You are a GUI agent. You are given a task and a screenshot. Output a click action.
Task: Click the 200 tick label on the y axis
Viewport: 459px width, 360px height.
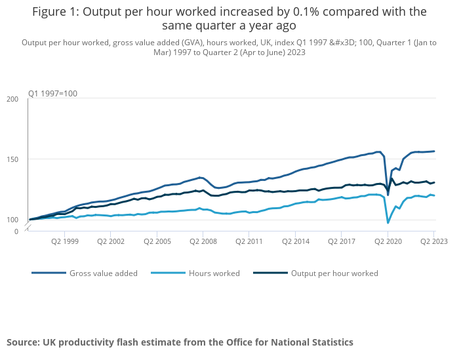point(12,99)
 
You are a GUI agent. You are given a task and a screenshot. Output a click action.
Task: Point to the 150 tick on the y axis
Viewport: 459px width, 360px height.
point(12,159)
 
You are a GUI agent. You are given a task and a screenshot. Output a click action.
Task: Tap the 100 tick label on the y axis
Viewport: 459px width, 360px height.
point(12,220)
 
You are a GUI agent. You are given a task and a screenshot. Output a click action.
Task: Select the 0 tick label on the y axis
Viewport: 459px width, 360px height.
point(16,231)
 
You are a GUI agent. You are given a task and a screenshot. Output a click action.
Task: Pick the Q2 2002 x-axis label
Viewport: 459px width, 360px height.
point(111,241)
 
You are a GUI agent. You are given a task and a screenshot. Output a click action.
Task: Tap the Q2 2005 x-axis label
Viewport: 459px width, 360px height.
point(157,241)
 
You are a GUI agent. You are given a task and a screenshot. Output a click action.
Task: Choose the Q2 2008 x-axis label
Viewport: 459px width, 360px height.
point(203,241)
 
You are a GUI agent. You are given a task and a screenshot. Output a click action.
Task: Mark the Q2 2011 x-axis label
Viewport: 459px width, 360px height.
point(249,241)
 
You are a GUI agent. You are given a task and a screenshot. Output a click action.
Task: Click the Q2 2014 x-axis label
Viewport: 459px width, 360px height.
point(296,241)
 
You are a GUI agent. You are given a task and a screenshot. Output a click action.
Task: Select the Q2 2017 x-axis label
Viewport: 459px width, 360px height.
point(342,241)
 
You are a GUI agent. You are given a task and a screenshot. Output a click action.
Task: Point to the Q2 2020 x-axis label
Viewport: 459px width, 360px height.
point(388,241)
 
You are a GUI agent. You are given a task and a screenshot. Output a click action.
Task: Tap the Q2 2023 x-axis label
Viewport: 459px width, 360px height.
point(433,241)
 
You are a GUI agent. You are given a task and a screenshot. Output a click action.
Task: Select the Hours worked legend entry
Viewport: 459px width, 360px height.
point(214,273)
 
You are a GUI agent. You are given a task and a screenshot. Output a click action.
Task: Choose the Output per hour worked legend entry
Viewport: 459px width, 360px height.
point(334,273)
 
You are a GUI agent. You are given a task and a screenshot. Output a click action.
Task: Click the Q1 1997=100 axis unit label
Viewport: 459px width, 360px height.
point(52,94)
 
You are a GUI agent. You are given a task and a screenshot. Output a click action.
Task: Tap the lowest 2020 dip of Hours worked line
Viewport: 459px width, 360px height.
point(388,223)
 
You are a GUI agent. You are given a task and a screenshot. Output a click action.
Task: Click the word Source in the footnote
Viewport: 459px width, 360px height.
point(22,342)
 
